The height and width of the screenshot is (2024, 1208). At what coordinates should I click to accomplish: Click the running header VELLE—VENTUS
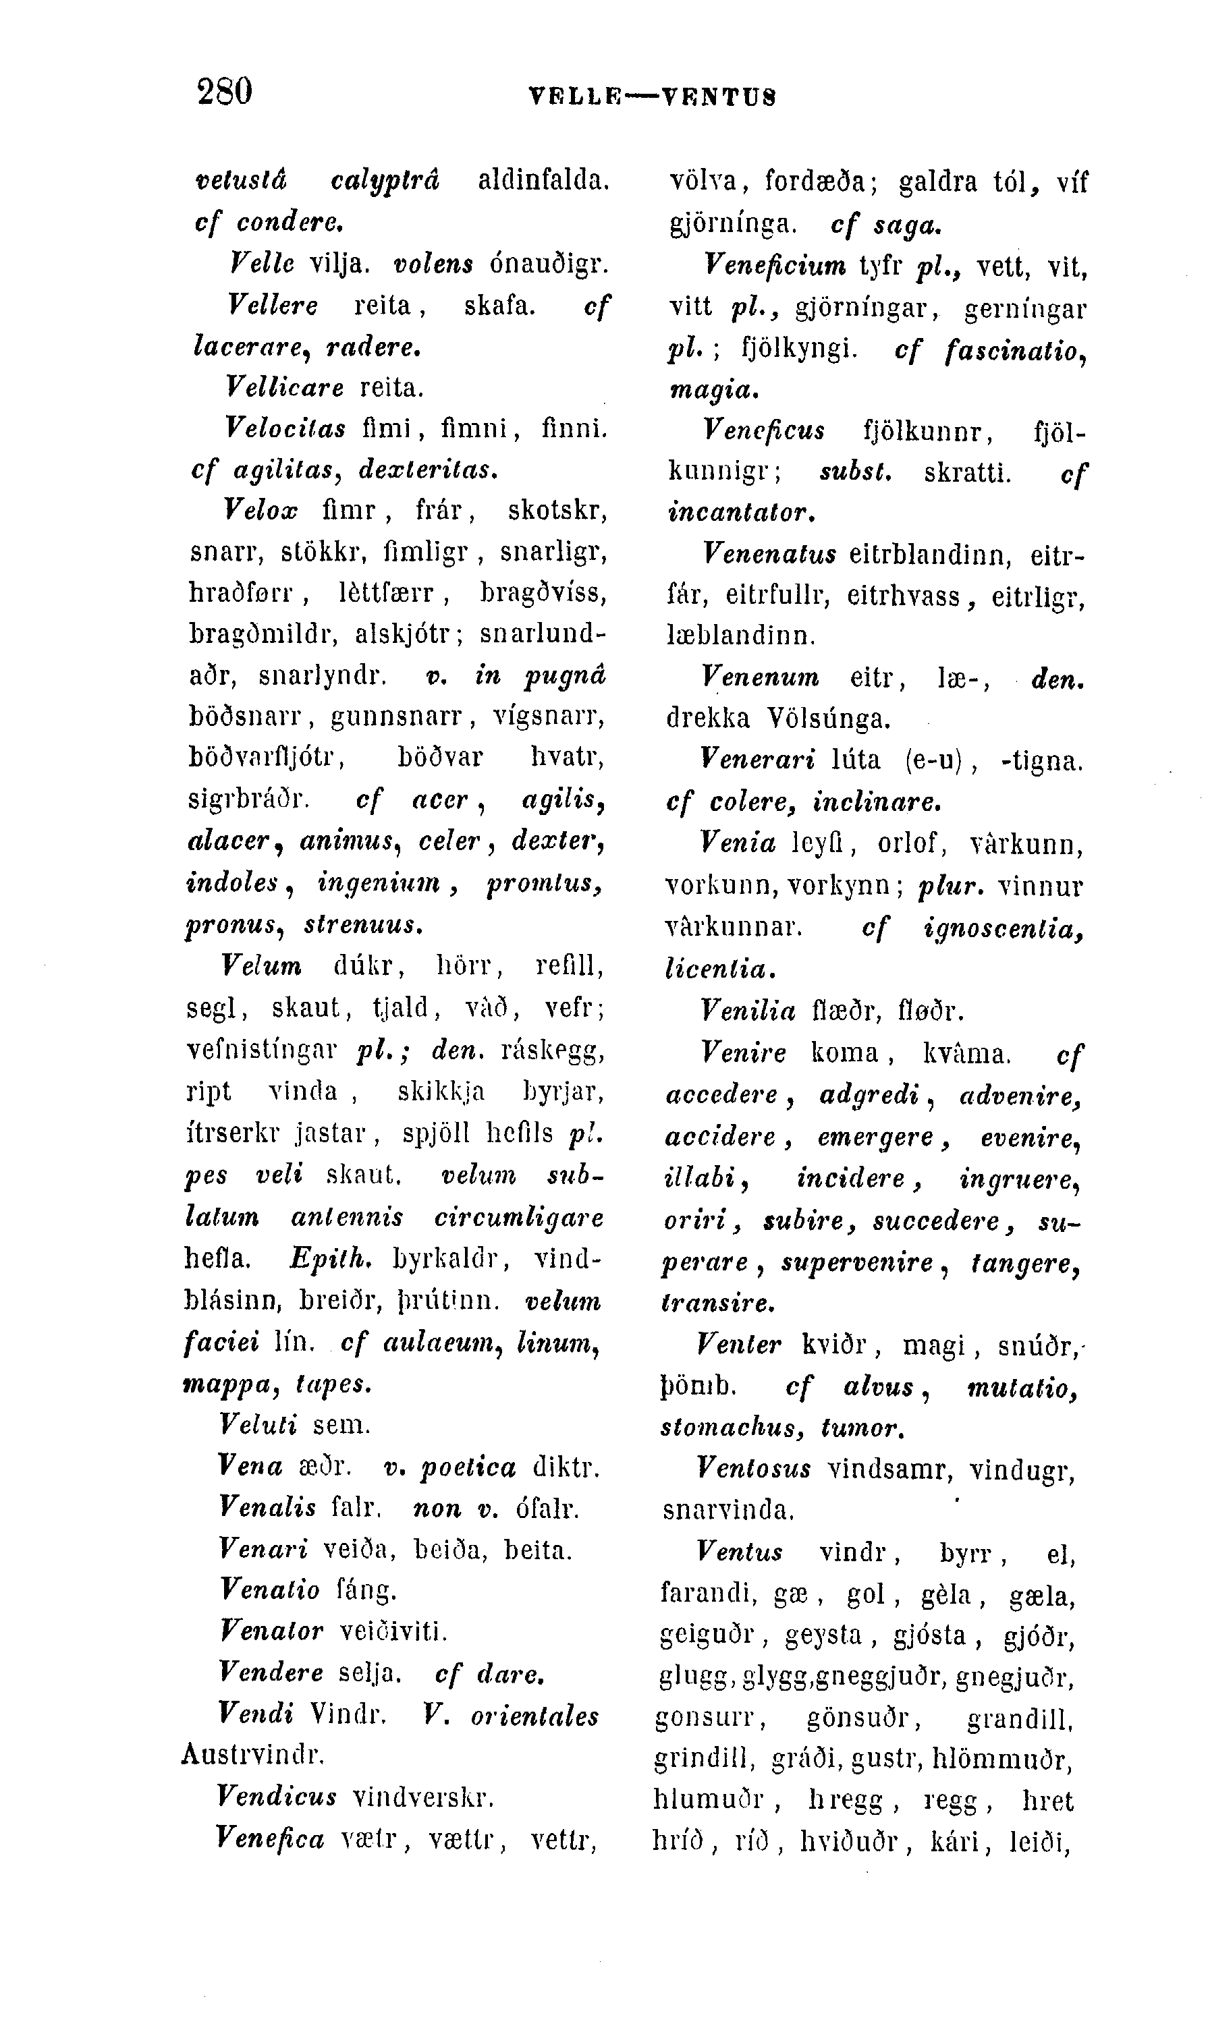point(652,98)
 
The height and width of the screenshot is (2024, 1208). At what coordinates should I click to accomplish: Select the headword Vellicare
point(284,387)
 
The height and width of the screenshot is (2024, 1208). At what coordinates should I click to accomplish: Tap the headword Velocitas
point(285,427)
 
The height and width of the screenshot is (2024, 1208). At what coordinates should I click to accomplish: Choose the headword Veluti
point(258,1424)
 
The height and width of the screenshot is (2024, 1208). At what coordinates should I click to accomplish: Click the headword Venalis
point(267,1507)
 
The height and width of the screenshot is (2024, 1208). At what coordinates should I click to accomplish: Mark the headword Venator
point(272,1630)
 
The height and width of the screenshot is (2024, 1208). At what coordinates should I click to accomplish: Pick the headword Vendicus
point(277,1796)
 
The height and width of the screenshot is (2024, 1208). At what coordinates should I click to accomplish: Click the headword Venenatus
point(769,554)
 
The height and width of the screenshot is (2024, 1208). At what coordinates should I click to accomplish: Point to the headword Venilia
point(747,1011)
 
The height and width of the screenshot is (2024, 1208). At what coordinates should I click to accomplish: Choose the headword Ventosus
point(754,1468)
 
